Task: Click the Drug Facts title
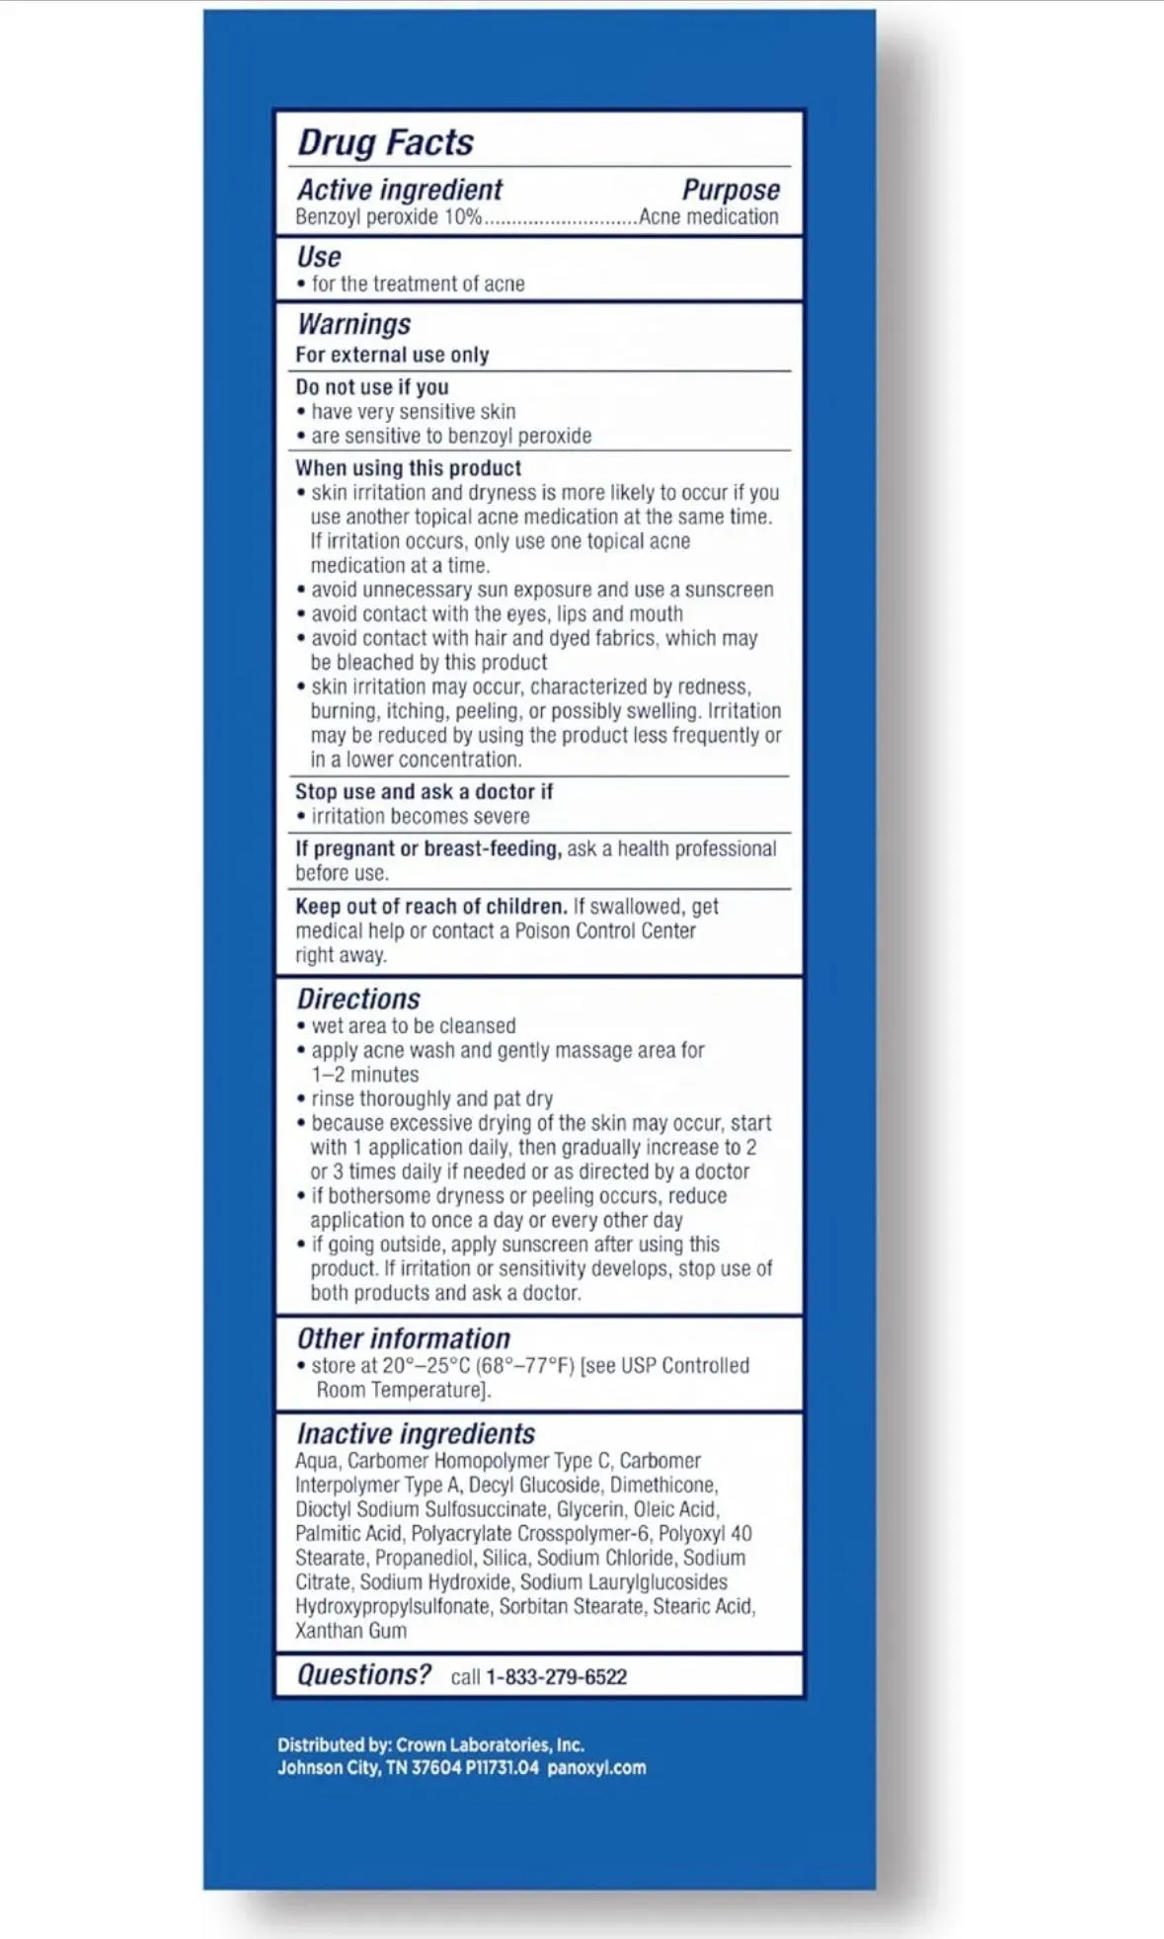(x=385, y=142)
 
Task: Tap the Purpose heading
(x=731, y=190)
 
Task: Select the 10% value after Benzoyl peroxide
(x=462, y=217)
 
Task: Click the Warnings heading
(x=353, y=324)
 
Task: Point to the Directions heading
(x=358, y=999)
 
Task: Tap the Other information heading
(x=403, y=1338)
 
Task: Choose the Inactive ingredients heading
(x=416, y=1433)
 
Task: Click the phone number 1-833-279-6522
(x=556, y=1677)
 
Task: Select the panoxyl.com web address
(x=596, y=1767)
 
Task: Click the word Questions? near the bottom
(x=364, y=1675)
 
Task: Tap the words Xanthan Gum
(x=350, y=1631)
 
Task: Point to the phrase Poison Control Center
(x=605, y=930)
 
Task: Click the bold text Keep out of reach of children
(x=430, y=906)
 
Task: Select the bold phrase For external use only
(x=392, y=355)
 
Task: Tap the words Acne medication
(x=708, y=217)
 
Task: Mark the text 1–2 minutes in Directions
(x=364, y=1075)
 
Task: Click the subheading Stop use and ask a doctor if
(x=424, y=792)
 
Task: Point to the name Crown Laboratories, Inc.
(x=490, y=1744)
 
